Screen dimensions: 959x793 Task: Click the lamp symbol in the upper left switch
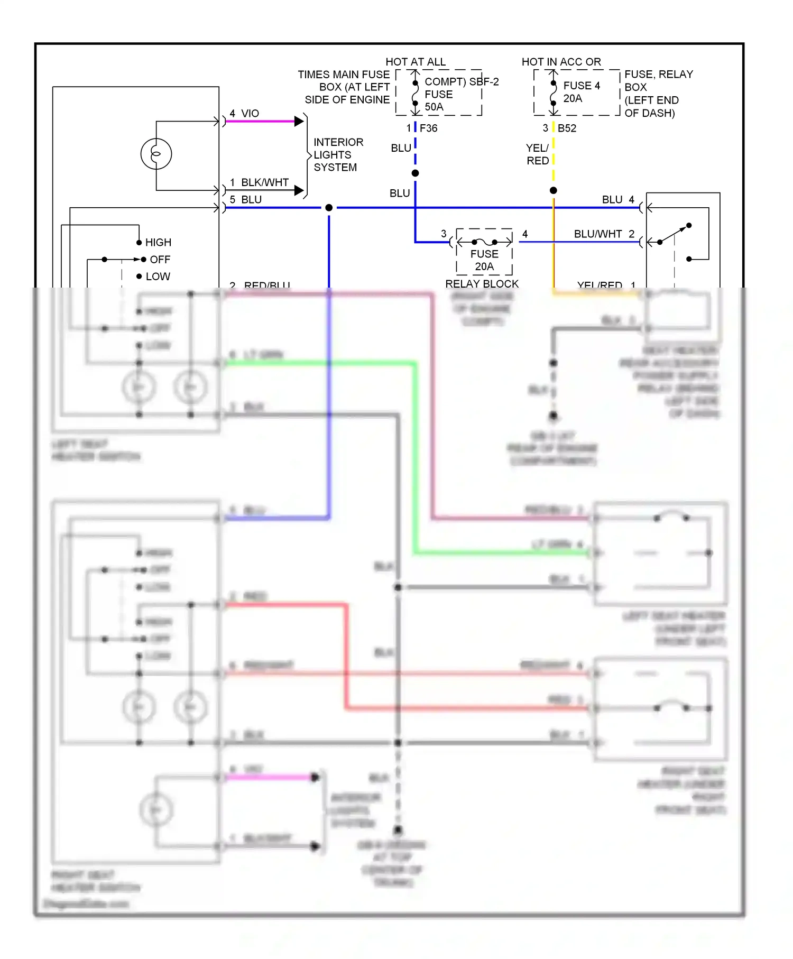coord(156,154)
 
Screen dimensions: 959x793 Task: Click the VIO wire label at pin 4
coord(250,113)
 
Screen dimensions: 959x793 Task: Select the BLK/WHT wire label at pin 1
coord(264,182)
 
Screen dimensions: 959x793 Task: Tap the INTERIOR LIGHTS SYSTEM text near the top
coord(338,154)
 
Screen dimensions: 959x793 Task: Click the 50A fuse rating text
coord(434,107)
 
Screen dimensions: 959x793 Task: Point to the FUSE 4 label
coord(582,86)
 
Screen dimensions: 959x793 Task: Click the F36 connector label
coord(429,128)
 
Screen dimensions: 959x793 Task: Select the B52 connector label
coord(567,128)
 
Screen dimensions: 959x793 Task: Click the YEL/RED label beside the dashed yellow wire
coord(537,154)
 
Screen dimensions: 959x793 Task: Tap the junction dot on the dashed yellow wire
coord(553,190)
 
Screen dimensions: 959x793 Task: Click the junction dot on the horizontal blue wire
coord(329,208)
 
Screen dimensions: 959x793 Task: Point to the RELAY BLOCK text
coord(482,284)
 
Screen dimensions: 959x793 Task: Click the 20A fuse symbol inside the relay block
coord(484,242)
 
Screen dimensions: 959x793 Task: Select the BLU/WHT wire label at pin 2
coord(598,234)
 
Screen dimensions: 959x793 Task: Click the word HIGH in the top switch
coord(158,242)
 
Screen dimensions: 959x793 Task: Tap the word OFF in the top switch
coord(160,260)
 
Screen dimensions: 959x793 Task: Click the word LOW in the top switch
coord(158,276)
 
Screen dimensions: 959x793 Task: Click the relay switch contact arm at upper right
coord(675,234)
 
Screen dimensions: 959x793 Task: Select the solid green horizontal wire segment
coord(317,363)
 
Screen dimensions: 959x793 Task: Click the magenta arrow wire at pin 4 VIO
coord(262,122)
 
